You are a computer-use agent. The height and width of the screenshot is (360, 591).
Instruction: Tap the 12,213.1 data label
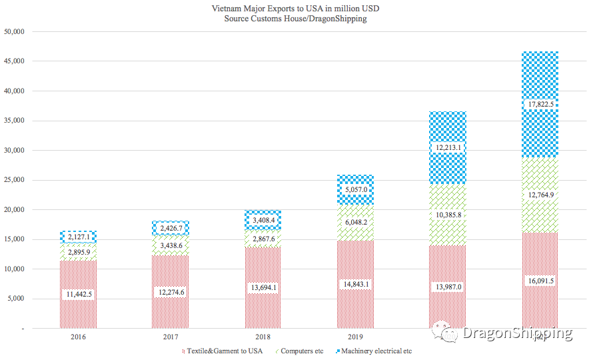[x=448, y=147]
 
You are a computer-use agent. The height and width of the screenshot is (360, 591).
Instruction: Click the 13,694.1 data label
[x=263, y=287]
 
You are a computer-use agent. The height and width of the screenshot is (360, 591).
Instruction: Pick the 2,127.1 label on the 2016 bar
[x=78, y=237]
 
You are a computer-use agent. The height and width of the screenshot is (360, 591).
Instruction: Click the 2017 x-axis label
[x=171, y=337]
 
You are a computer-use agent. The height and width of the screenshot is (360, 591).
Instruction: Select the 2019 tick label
[x=355, y=337]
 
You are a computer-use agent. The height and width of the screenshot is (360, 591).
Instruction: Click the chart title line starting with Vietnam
[x=296, y=9]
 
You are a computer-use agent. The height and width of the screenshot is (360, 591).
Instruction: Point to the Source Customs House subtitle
[x=296, y=19]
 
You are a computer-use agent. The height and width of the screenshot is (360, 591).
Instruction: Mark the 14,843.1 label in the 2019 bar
[x=355, y=284]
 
